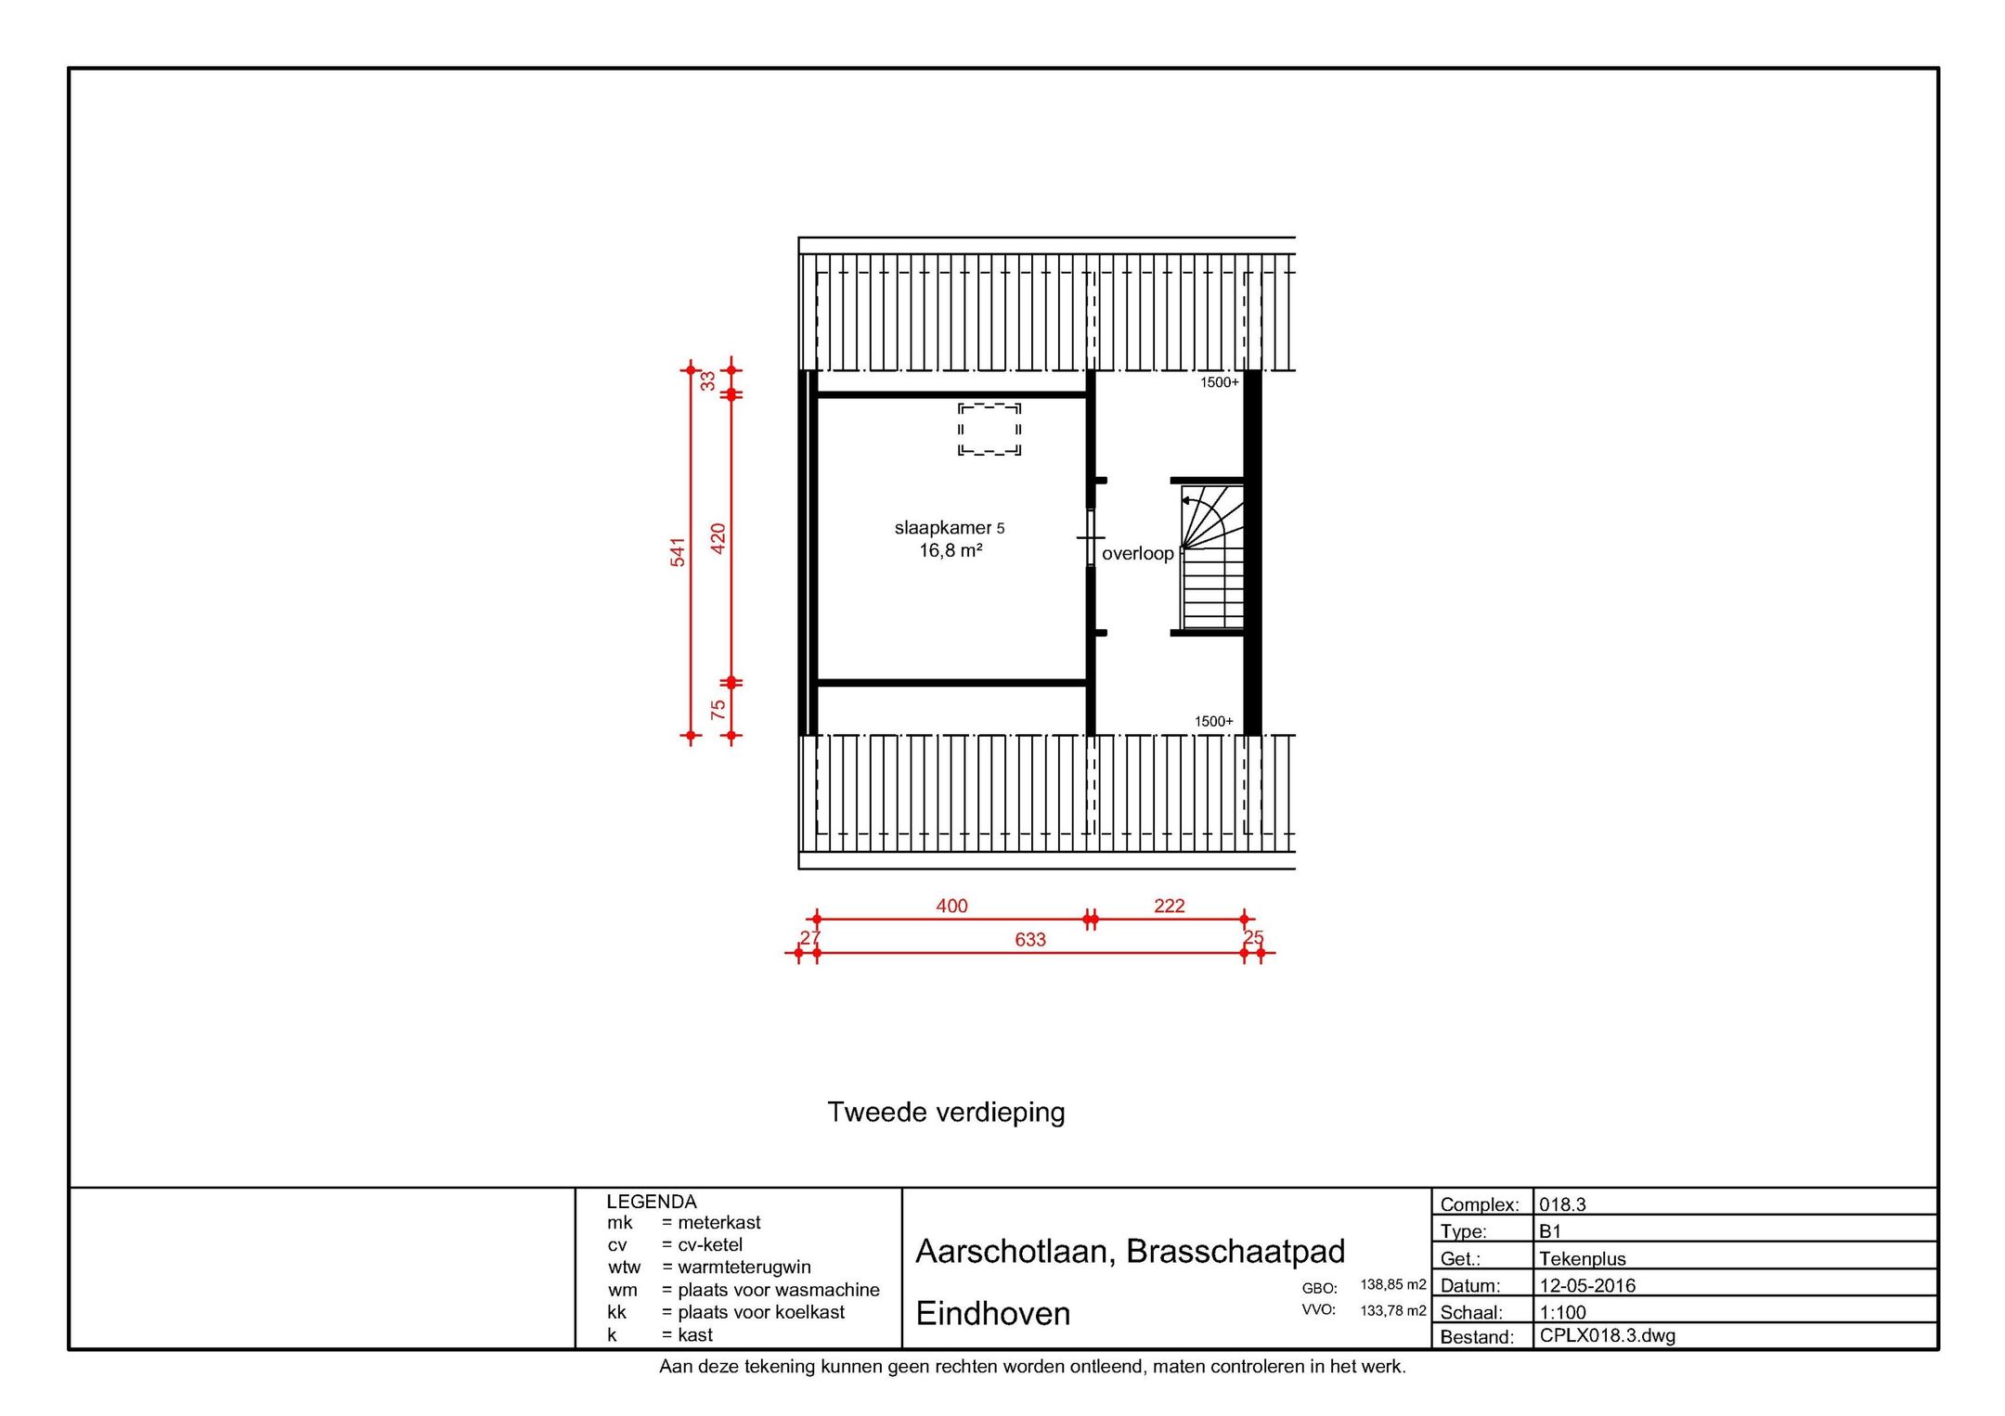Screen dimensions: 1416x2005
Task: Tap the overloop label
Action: [1137, 554]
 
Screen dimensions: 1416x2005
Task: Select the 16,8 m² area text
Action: [951, 551]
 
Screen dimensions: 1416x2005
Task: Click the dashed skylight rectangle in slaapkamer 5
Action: [990, 429]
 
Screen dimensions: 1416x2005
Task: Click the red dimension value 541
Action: [679, 552]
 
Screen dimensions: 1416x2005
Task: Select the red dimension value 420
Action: [718, 539]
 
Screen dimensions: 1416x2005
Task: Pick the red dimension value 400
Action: [951, 906]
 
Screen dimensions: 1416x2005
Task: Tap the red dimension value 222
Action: [1169, 906]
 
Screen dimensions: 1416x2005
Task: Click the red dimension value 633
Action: [1029, 940]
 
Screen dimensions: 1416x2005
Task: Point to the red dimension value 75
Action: [718, 710]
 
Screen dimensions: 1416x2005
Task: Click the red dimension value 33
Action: [708, 381]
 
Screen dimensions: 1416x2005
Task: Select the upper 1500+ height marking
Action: [1219, 382]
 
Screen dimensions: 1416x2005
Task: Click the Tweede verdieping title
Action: [946, 1112]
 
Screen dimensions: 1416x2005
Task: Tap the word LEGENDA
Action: [651, 1202]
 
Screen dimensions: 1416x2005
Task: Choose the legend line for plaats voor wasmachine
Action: [743, 1290]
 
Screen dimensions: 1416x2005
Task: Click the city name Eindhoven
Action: [992, 1313]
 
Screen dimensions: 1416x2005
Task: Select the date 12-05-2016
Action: [1587, 1286]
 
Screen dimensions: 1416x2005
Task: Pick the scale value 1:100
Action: [1562, 1313]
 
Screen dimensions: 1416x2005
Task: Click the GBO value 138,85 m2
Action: [1392, 1285]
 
